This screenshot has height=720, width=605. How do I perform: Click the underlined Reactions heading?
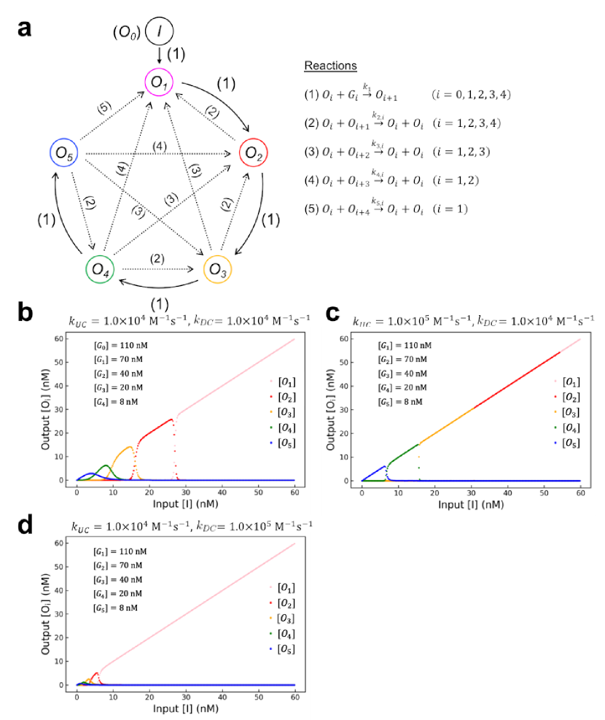coord(330,66)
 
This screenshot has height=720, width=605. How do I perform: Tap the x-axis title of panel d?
coord(185,708)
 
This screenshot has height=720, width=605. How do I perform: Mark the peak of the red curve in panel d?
coord(95,673)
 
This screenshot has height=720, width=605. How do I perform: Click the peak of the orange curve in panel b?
coord(130,446)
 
